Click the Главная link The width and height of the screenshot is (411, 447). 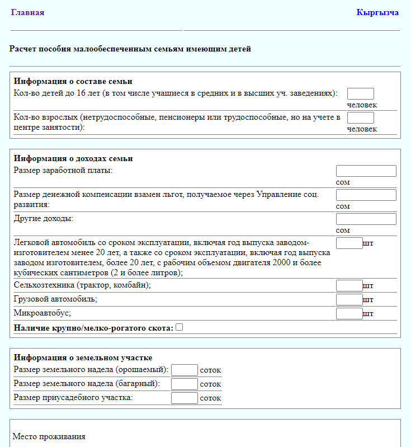click(x=27, y=12)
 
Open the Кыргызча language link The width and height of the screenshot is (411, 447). click(x=377, y=12)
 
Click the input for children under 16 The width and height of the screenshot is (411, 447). click(x=360, y=93)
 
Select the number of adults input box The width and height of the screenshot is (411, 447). click(x=360, y=117)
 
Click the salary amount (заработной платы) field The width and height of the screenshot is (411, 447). click(x=366, y=171)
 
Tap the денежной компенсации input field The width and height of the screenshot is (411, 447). click(x=366, y=195)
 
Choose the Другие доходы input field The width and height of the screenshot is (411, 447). click(x=366, y=219)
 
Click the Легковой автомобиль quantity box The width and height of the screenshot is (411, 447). click(x=349, y=243)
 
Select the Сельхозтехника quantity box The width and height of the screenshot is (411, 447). click(x=349, y=285)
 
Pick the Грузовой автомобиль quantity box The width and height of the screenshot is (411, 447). click(x=349, y=299)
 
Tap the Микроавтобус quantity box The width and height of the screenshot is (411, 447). click(x=349, y=313)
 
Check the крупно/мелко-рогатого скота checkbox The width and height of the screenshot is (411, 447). click(x=179, y=327)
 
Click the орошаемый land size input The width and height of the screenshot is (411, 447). click(x=184, y=370)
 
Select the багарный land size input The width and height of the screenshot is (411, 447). click(x=184, y=384)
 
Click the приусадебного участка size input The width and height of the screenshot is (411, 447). click(x=184, y=398)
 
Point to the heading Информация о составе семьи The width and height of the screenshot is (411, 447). click(x=73, y=81)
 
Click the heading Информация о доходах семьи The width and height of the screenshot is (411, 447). click(x=73, y=158)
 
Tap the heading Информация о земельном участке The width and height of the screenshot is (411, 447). click(x=83, y=357)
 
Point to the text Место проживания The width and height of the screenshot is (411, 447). click(x=49, y=436)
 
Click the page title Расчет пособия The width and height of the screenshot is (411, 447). click(x=130, y=49)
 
